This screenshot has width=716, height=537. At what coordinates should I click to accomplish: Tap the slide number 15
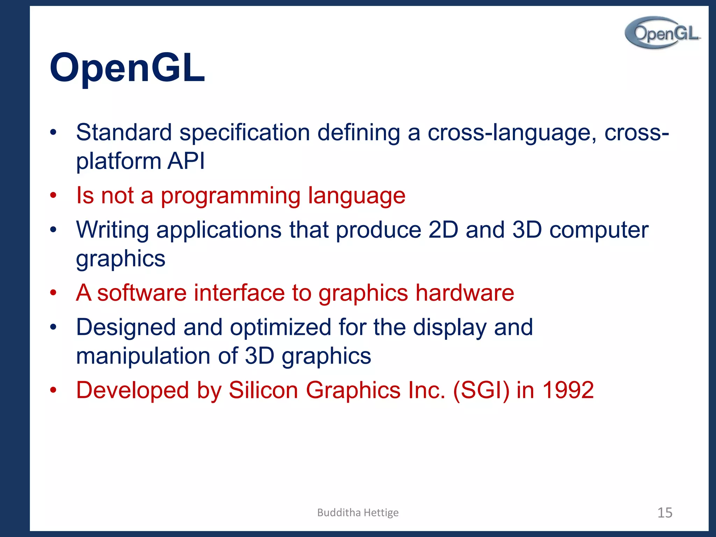665,513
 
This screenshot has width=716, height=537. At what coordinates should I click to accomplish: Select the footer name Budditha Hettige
358,513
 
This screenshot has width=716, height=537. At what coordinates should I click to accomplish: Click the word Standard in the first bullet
124,133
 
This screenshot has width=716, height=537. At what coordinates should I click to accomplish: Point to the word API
186,161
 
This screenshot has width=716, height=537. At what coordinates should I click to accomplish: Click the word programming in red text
230,196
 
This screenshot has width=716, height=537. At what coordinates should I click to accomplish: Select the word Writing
112,230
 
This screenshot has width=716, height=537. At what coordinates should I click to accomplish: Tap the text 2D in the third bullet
443,230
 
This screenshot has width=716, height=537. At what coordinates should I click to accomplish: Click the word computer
599,230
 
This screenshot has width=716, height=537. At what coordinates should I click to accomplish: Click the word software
142,293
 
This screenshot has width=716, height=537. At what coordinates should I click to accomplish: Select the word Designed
126,328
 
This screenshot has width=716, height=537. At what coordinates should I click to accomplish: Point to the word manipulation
143,356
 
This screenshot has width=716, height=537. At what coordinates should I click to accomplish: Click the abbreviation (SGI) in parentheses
481,390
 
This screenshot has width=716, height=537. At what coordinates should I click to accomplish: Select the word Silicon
263,390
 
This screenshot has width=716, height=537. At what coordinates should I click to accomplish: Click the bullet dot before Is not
53,195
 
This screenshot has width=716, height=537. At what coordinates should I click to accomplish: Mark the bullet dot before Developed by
53,390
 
